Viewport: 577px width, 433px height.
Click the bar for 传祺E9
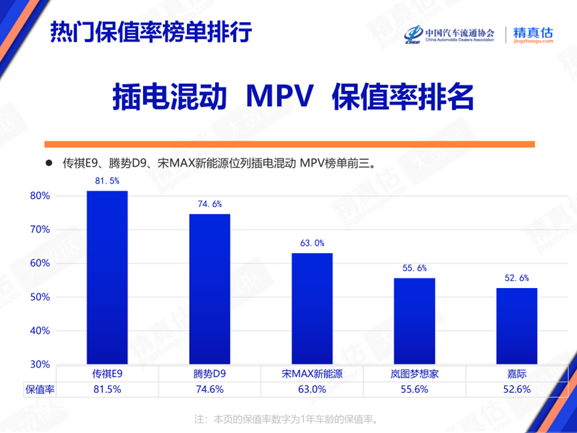pyautogui.click(x=107, y=277)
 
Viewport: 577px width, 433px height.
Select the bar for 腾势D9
pyautogui.click(x=210, y=289)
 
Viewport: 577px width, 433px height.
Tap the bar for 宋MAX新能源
pyautogui.click(x=312, y=308)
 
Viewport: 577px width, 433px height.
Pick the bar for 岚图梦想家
pyautogui.click(x=414, y=321)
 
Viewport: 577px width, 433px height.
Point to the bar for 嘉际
pyautogui.click(x=516, y=325)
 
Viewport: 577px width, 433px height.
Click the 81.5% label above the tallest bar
pyautogui.click(x=107, y=181)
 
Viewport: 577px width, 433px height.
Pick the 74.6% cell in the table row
pyautogui.click(x=210, y=389)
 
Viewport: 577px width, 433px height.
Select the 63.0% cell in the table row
pyautogui.click(x=312, y=389)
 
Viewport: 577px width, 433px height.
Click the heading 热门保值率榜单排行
pyautogui.click(x=151, y=32)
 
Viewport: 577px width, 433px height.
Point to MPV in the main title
pyautogui.click(x=280, y=98)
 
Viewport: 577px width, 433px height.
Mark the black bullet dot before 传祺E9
pyautogui.click(x=48, y=162)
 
